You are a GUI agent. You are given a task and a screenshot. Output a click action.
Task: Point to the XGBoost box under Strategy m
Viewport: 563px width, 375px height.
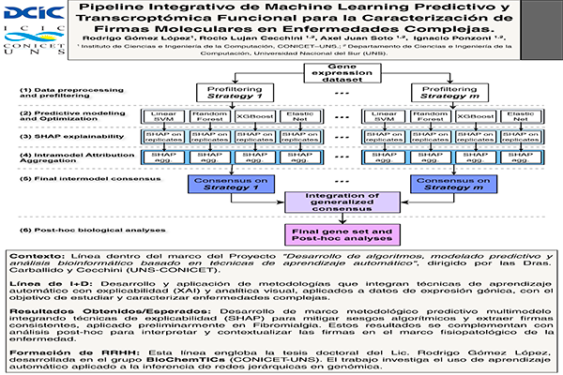click(483, 117)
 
